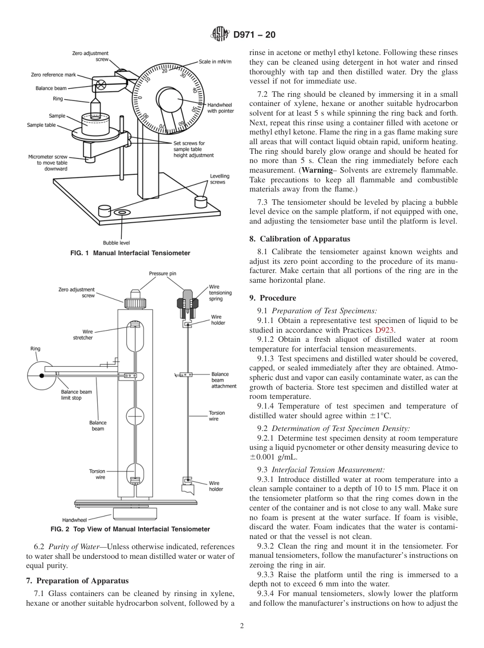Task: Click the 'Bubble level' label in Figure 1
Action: pos(116,243)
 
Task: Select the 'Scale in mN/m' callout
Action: pos(215,62)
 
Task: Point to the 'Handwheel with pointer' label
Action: pos(219,107)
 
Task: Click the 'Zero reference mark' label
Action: pos(53,75)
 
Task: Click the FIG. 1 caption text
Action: pos(130,253)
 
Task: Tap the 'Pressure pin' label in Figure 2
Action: pos(162,274)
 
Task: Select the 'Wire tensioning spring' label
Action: pos(220,293)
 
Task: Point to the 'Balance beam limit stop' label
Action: pos(76,395)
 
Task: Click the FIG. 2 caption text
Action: pos(130,529)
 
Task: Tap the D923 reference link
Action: pos(385,330)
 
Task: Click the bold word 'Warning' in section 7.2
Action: pos(318,170)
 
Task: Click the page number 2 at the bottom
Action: pos(242,626)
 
